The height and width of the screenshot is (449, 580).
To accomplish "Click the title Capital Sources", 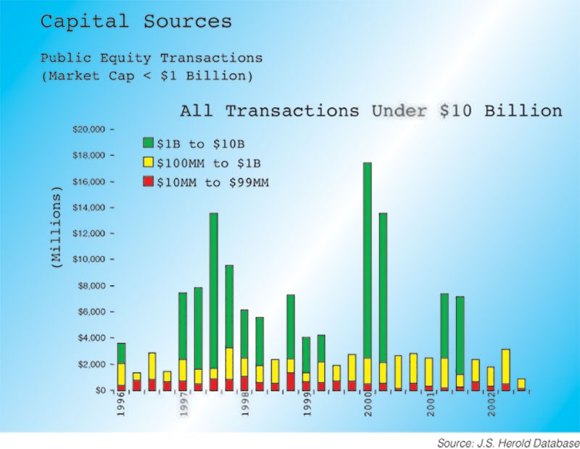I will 136,22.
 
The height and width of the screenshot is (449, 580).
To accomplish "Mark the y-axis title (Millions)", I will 56,228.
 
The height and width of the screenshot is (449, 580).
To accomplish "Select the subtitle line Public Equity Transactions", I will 152,58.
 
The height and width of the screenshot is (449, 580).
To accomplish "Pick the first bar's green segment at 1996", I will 121,353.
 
